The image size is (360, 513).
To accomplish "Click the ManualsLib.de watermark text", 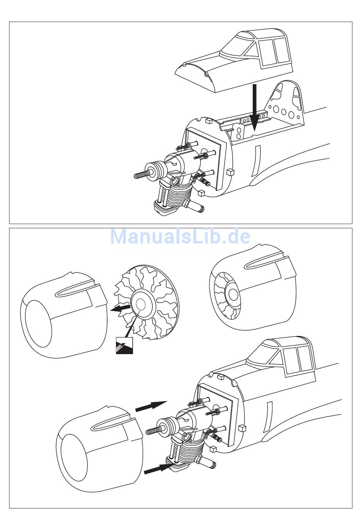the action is tap(180, 236).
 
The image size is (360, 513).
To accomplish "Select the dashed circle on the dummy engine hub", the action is tap(141, 305).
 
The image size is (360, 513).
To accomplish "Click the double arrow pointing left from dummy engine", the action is tap(121, 307).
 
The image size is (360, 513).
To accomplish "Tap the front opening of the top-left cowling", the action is tap(38, 323).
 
